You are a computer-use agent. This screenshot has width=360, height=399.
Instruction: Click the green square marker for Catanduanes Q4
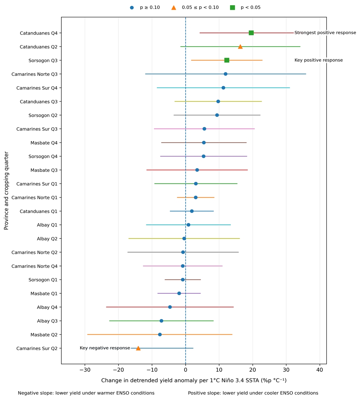coord(251,33)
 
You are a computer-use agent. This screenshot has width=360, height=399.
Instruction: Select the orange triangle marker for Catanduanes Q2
coord(240,47)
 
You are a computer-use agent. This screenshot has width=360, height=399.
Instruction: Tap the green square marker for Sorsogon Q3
coord(227,60)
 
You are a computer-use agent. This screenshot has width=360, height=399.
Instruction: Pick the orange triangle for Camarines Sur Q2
coord(138,348)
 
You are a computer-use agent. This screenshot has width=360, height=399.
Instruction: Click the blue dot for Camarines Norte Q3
coord(226,74)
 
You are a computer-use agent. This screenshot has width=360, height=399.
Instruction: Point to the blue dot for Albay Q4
coord(170,307)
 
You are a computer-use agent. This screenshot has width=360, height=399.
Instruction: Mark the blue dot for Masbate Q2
coord(160,335)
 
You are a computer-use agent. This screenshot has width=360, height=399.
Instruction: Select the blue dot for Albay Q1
coord(188,225)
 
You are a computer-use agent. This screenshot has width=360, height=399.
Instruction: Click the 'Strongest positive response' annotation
coord(325,33)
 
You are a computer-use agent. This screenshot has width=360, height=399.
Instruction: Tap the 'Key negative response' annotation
coord(105,348)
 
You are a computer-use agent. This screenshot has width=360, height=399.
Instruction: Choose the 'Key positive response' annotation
coord(319,60)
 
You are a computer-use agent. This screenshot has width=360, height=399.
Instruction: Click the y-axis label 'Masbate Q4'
coord(44,143)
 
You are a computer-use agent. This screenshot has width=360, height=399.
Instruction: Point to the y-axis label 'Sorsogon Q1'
coord(43,280)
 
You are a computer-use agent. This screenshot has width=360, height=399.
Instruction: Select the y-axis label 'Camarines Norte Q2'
coord(35,253)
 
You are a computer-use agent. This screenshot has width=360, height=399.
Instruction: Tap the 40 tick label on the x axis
coord(320,370)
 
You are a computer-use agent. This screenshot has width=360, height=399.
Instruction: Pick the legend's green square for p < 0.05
coord(232,7)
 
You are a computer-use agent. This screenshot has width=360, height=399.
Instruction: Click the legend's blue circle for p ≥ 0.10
coord(132,7)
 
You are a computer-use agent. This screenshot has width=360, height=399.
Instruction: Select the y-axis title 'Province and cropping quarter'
coord(6,191)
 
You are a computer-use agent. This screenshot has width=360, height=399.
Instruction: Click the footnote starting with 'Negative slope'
coord(86,393)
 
